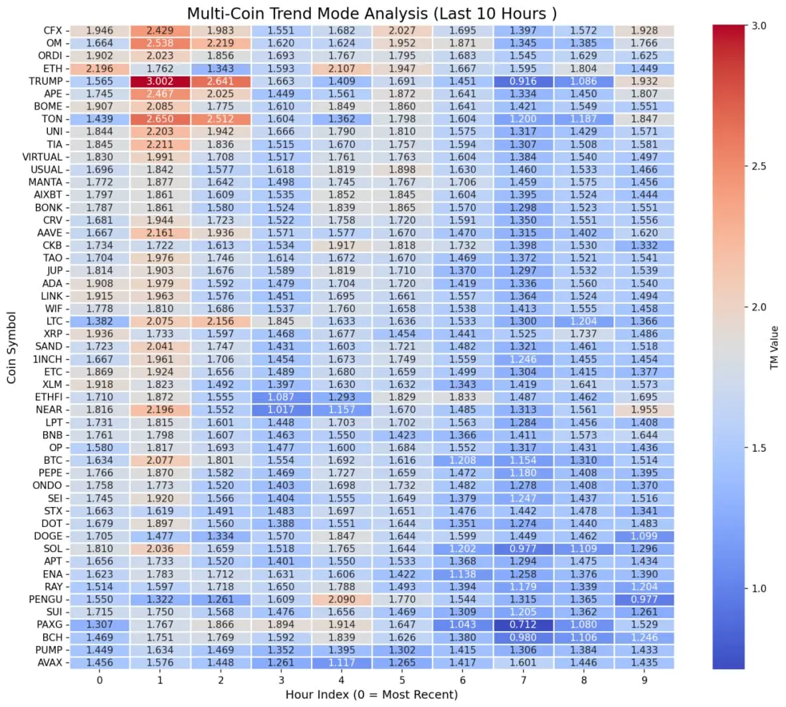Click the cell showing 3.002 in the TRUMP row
tap(160, 81)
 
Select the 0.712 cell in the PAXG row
tap(523, 625)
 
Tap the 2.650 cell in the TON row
tap(160, 119)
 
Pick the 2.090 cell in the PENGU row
tap(342, 599)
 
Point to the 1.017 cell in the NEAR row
tap(281, 410)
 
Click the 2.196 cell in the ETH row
tap(100, 68)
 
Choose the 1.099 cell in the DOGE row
tap(644, 536)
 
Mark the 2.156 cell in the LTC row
tap(221, 321)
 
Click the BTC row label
tap(53, 460)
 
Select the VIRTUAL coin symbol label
tap(43, 157)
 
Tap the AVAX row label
tap(50, 662)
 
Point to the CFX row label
tap(52, 31)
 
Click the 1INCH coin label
tap(47, 359)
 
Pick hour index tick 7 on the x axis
tap(523, 680)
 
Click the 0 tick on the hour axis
tap(100, 680)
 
